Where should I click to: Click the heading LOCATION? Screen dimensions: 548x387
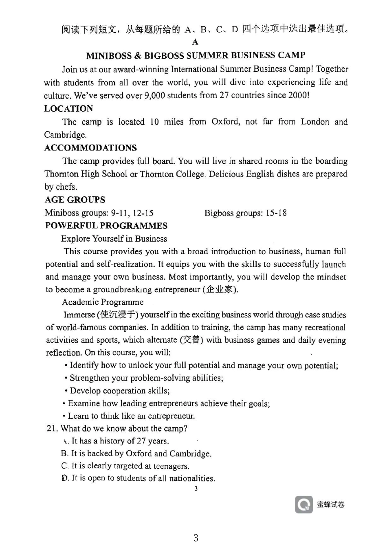pos(68,109)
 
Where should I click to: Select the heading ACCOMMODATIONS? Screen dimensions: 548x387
pos(90,148)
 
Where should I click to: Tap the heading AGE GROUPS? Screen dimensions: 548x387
pos(75,200)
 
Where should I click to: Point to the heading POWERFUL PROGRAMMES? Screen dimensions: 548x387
pos(106,226)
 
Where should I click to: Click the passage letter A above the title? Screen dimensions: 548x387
pos(195,42)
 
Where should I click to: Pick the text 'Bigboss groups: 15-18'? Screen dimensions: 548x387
pos(245,213)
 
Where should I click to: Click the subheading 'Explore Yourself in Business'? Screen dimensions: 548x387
pos(114,239)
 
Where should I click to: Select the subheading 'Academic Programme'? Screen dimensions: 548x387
pos(103,302)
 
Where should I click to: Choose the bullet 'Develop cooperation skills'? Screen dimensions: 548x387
pos(119,391)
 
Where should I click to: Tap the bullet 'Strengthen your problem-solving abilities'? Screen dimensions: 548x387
pos(146,378)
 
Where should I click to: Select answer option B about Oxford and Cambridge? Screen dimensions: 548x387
pos(136,453)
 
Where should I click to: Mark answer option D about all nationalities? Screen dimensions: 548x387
pos(139,478)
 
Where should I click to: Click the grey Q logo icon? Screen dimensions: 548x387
pos(304,505)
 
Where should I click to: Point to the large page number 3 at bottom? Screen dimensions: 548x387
pos(196,538)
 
